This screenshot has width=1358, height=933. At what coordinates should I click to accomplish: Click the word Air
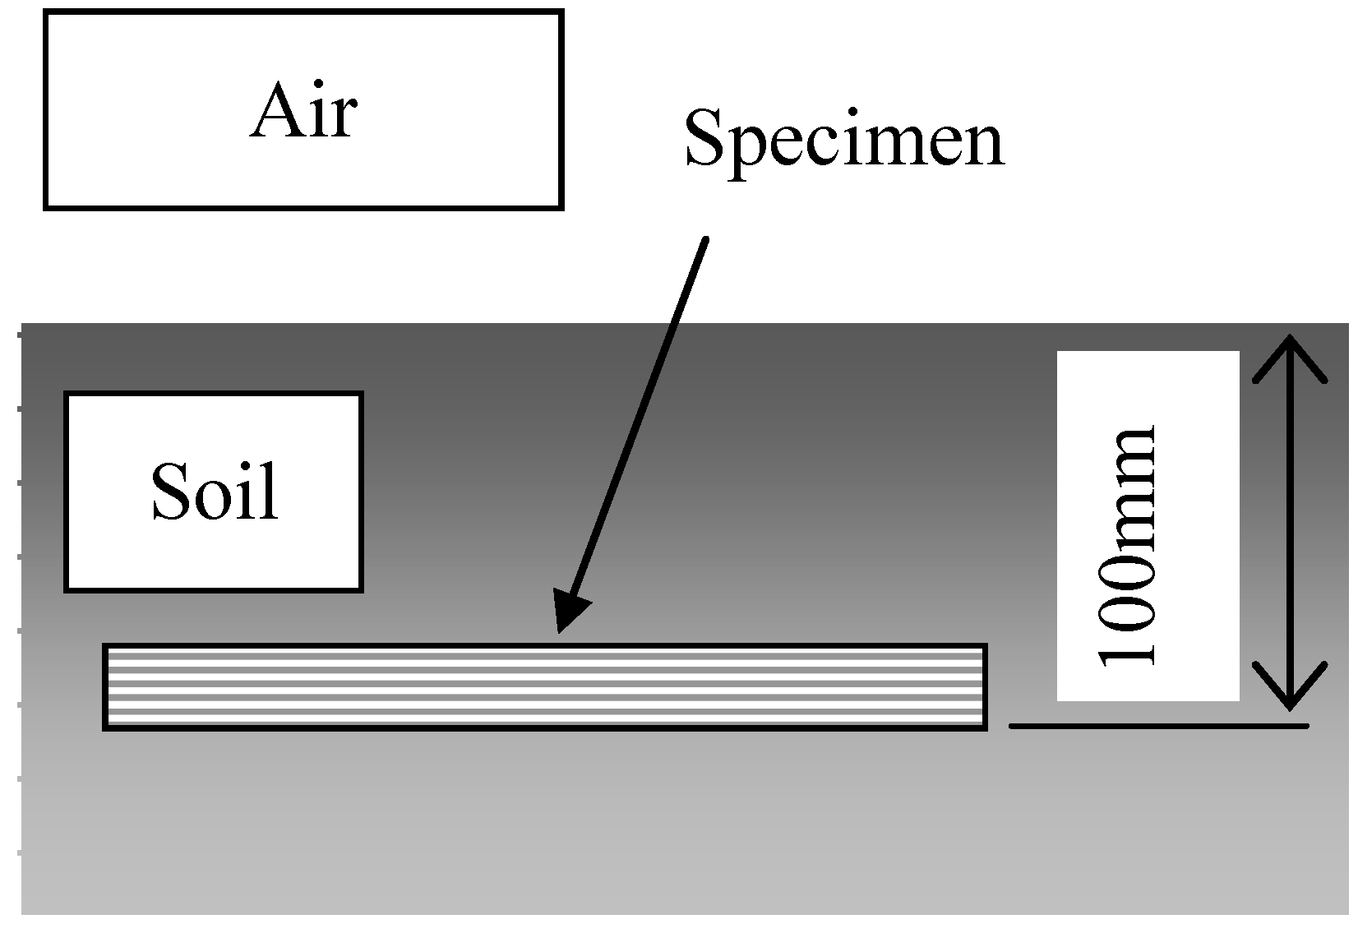pyautogui.click(x=303, y=112)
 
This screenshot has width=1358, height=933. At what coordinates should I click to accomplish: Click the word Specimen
pyautogui.click(x=843, y=139)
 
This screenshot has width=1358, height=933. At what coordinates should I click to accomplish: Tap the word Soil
pyautogui.click(x=215, y=492)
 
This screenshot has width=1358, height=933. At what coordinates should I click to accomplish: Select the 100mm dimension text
pyautogui.click(x=1128, y=544)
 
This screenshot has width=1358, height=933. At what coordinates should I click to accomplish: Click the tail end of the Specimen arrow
pyautogui.click(x=704, y=240)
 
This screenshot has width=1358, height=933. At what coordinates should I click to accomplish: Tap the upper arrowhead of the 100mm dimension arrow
pyautogui.click(x=1290, y=342)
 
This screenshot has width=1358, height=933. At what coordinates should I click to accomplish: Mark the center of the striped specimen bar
pyautogui.click(x=544, y=686)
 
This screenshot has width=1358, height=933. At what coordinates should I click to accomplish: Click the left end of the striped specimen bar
pyautogui.click(x=106, y=686)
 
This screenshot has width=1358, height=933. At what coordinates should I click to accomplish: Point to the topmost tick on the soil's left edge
pyautogui.click(x=18, y=335)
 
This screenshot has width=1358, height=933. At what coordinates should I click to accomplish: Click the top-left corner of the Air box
pyautogui.click(x=46, y=12)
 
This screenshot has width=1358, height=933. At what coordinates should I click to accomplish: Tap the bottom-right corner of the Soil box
pyautogui.click(x=361, y=589)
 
